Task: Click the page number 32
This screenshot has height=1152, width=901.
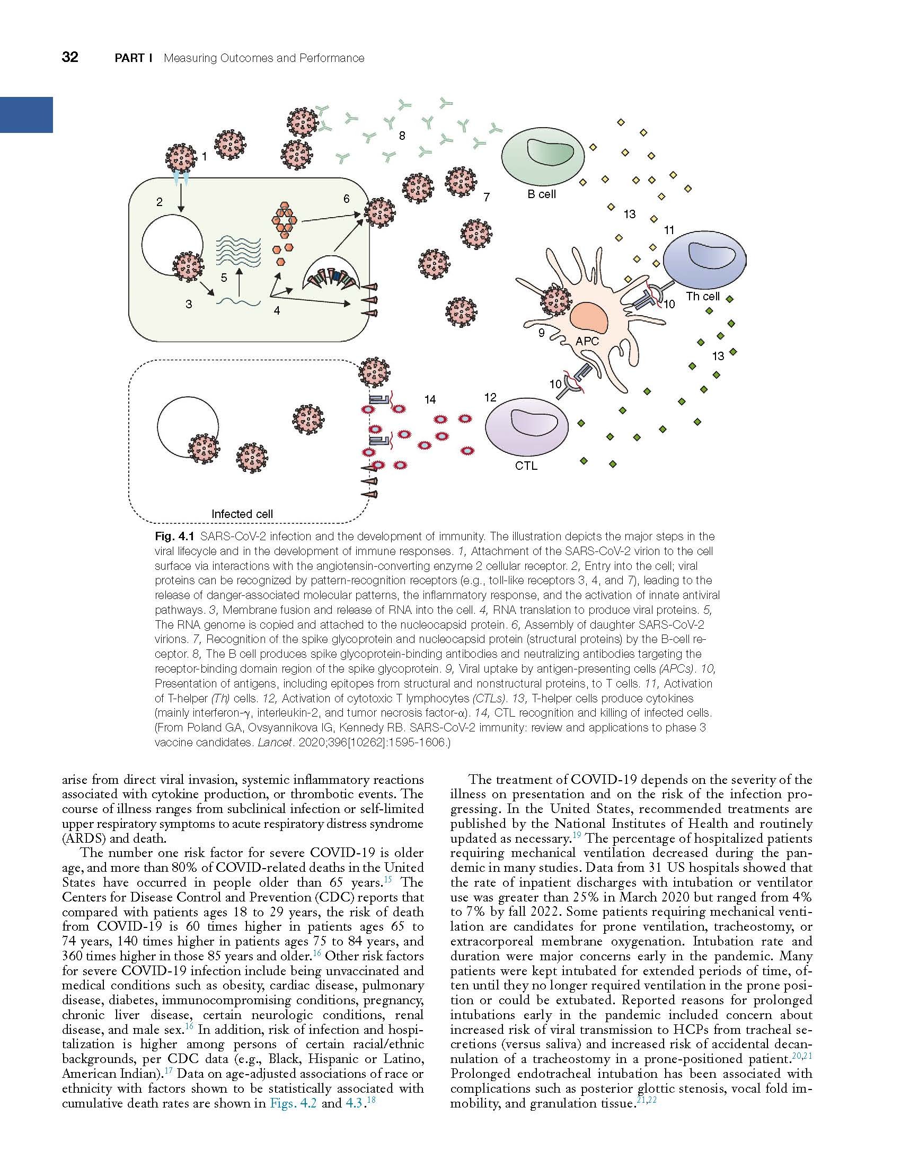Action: coord(70,57)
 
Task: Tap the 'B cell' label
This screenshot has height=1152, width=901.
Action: coord(541,194)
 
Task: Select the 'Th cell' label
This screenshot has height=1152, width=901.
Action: coord(703,296)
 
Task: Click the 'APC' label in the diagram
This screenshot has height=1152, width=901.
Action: coord(587,342)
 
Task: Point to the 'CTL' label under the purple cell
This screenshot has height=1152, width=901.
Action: coord(526,466)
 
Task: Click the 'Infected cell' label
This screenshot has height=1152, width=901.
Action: coord(242,514)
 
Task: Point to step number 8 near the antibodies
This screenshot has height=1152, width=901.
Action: coord(402,136)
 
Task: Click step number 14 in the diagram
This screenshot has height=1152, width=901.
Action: coord(430,400)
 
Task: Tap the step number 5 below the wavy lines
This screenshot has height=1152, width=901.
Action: coord(224,278)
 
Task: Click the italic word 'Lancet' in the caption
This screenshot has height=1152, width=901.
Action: coord(275,743)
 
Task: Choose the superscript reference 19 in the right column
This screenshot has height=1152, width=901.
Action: coord(577,836)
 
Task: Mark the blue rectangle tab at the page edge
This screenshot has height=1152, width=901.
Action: coord(26,114)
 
